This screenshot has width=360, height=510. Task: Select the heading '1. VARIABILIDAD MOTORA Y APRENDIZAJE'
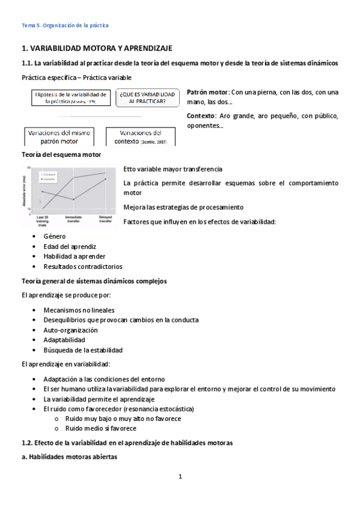97,48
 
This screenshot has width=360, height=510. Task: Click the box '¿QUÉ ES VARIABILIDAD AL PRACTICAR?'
147,98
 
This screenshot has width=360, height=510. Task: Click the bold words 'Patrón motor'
207,92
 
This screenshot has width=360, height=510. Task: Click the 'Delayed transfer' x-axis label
105,218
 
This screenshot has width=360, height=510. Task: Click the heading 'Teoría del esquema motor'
61,155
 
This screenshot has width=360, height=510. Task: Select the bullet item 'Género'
55,237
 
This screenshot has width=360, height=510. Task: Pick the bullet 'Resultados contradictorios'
82,266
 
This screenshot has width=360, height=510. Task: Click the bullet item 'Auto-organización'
70,330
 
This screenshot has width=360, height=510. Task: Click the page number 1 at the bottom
180,477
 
